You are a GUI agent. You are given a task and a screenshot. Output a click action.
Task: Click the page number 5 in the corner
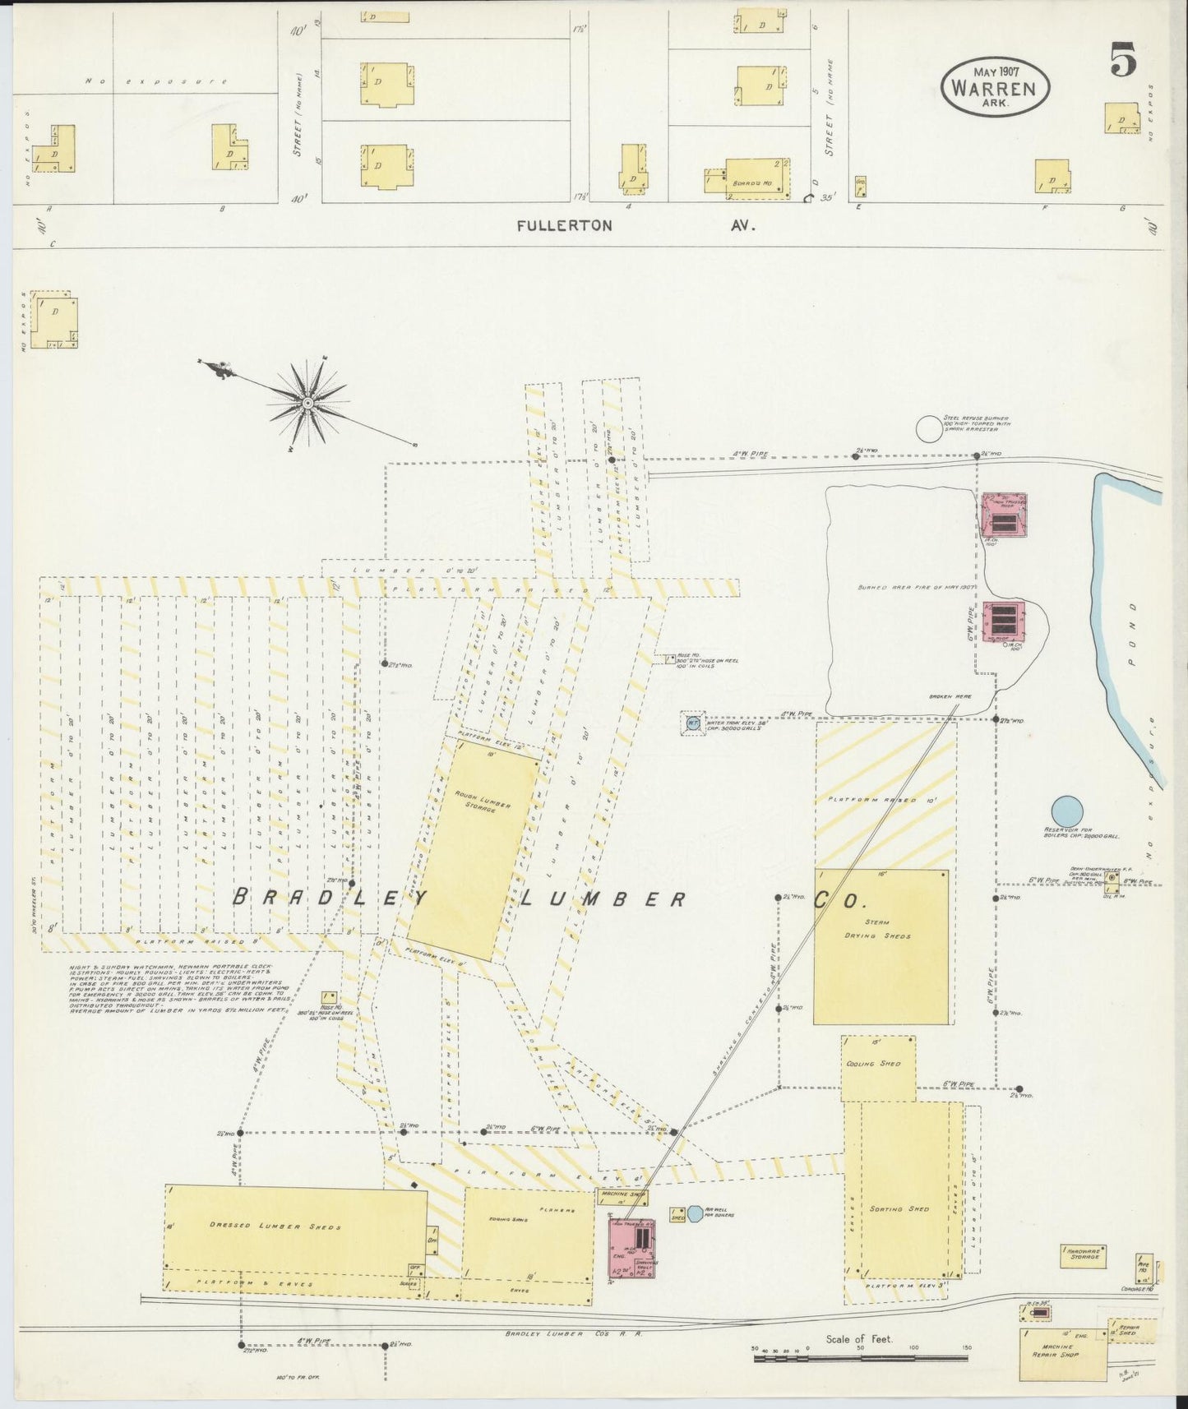point(1123,60)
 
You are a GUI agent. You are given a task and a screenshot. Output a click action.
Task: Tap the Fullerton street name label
point(564,225)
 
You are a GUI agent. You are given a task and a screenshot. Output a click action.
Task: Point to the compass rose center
point(307,403)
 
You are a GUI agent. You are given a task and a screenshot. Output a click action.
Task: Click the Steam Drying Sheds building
point(881,946)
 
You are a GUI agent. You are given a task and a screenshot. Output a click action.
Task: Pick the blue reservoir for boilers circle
point(1067,811)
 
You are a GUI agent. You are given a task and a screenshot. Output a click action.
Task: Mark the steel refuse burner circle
point(929,428)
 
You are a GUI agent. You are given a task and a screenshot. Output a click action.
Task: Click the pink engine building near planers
point(631,1248)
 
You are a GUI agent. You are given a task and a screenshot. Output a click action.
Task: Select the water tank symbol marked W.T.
point(692,724)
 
